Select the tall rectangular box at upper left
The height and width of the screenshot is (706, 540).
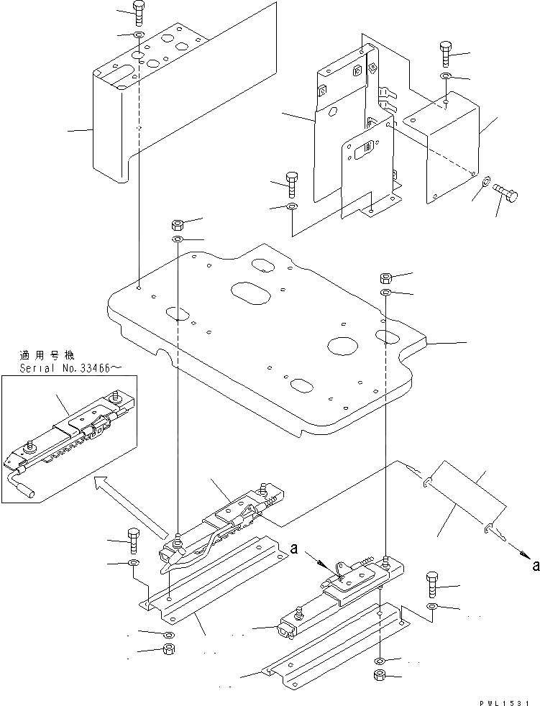click(111, 129)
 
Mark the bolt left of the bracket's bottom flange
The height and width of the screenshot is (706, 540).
click(291, 183)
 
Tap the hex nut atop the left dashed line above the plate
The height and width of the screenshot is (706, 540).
click(178, 222)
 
